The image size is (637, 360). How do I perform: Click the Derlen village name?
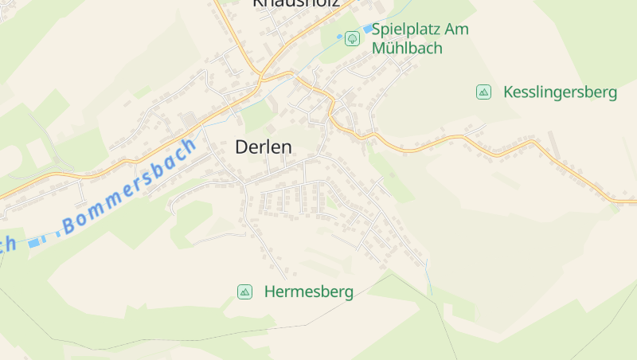(x=264, y=147)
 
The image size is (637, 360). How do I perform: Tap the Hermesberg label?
(x=308, y=292)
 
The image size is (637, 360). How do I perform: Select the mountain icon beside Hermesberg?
(x=245, y=292)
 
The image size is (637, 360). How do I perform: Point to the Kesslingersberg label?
(x=560, y=92)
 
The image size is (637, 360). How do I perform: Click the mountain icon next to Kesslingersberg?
(x=483, y=92)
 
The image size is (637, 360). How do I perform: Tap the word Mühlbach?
(x=407, y=48)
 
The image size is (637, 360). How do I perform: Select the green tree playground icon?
(x=352, y=37)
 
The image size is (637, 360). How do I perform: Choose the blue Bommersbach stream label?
(x=130, y=186)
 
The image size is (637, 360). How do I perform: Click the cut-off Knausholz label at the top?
(x=295, y=3)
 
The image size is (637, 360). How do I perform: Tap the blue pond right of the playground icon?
(x=368, y=29)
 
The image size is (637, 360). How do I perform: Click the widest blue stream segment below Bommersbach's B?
(x=33, y=242)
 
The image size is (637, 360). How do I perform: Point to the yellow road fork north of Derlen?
(x=260, y=77)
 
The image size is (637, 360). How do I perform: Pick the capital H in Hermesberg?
(x=270, y=292)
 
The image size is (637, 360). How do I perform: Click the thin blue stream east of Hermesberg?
(x=428, y=275)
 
